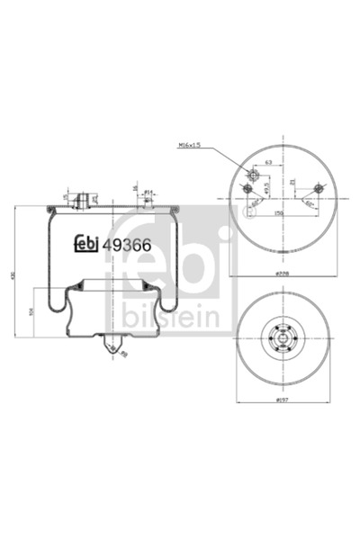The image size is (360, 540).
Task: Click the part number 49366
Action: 126,241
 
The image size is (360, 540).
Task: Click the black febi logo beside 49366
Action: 86,241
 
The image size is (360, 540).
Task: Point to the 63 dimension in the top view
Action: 268,163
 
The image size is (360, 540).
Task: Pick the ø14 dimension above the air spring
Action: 148,192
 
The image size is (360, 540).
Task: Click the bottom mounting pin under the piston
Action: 114,346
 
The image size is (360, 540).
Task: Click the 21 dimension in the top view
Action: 293,181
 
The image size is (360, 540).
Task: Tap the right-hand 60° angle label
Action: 309,203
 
